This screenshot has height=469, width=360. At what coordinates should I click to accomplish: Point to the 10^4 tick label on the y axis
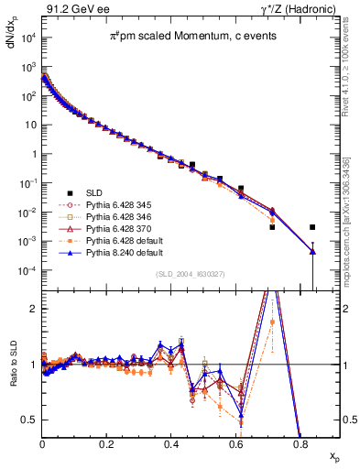pos(27,38)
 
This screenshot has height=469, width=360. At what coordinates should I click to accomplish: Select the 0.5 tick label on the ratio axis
pos(28,420)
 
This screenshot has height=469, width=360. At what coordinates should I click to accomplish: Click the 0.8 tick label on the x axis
pos(300,442)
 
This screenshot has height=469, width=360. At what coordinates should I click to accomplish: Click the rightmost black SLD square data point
pos(312,227)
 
